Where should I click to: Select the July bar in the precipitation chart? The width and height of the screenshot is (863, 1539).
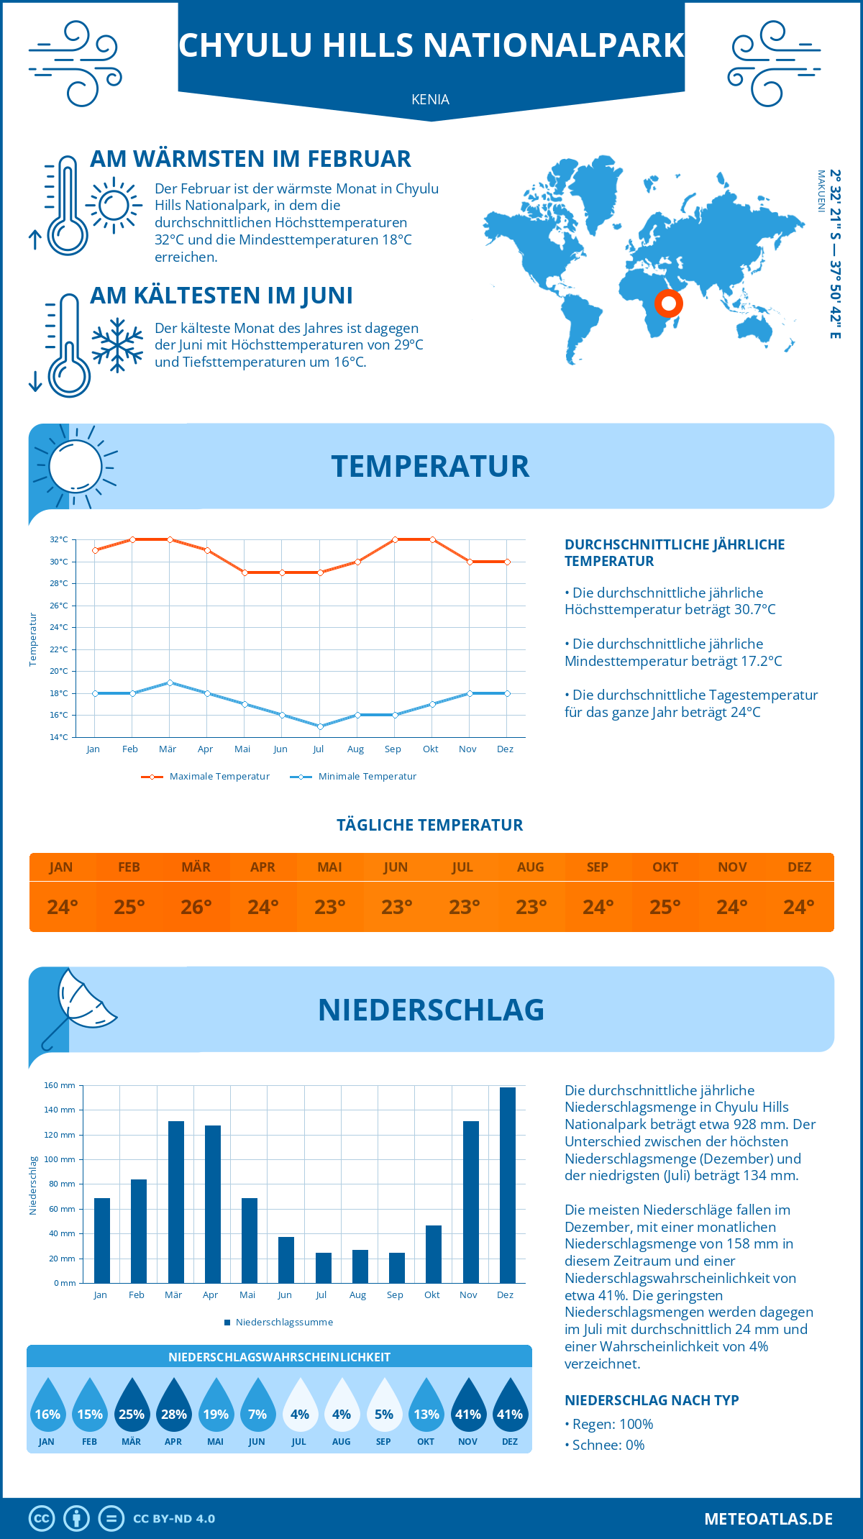[x=323, y=1268]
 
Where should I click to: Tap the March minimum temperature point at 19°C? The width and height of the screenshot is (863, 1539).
[x=170, y=682]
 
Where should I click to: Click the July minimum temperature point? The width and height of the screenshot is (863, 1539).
[x=320, y=726]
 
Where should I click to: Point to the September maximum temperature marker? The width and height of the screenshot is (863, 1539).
[x=395, y=539]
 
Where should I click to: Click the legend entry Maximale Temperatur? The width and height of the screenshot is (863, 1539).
[x=206, y=777]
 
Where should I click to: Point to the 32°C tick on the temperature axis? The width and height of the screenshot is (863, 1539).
[x=59, y=539]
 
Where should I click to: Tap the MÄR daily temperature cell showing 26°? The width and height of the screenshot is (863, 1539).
[x=196, y=907]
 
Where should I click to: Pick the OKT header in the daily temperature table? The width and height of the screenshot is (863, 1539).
[x=665, y=867]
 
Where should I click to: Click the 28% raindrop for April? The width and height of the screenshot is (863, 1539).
[x=173, y=1406]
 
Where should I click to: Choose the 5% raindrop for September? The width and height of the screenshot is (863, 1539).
[x=383, y=1406]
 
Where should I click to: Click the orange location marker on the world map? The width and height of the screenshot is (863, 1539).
[x=668, y=303]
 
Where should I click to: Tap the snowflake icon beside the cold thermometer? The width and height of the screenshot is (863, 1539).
[x=117, y=345]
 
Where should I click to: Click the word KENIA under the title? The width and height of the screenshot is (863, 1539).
[x=430, y=100]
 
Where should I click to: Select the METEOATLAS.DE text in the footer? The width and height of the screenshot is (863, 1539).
[x=768, y=1519]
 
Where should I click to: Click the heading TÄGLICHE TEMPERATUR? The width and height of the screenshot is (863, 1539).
[x=430, y=826]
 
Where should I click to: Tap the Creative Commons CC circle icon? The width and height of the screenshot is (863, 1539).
[x=42, y=1519]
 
